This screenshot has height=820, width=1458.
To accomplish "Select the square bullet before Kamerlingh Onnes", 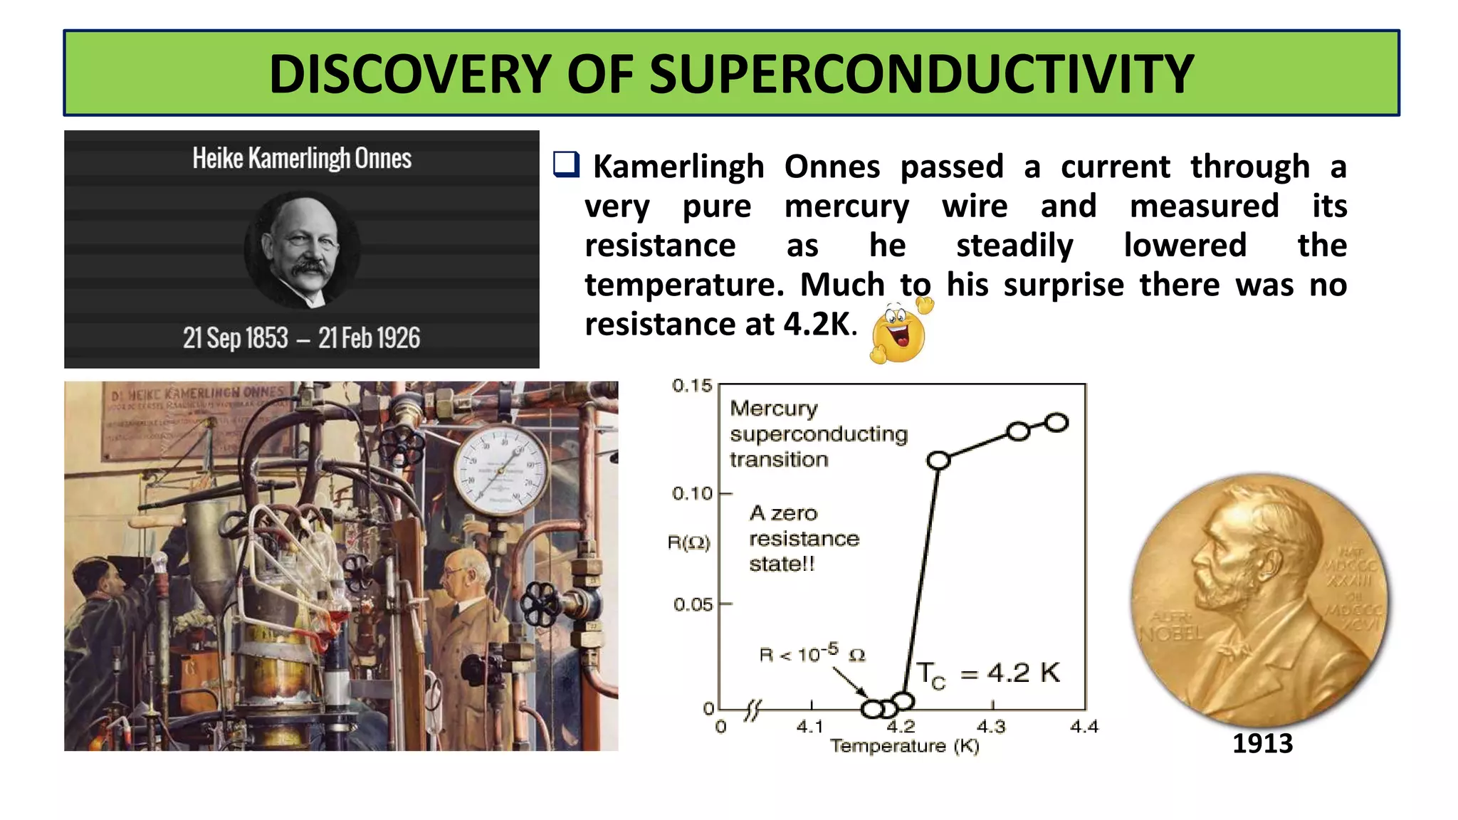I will (567, 164).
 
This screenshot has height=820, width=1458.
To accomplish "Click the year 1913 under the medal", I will (1262, 743).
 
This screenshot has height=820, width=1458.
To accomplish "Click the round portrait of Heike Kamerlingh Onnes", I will (302, 250).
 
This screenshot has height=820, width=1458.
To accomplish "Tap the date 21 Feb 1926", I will (369, 338).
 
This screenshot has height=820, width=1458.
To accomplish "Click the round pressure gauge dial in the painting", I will (501, 471).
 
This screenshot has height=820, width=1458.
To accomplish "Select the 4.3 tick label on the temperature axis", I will (990, 727).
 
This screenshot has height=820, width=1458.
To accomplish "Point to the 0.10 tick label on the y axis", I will (691, 493).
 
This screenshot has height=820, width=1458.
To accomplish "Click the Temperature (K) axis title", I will (904, 746).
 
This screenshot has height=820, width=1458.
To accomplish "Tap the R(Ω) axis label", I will (688, 543).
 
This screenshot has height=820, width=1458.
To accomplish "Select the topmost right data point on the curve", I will (1057, 423).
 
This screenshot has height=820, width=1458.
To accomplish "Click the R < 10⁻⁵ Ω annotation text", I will (812, 653).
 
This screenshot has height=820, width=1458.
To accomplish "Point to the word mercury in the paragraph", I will (846, 206).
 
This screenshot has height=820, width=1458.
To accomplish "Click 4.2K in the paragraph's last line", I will (817, 325).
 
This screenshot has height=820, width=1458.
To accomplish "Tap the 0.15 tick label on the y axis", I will (691, 386).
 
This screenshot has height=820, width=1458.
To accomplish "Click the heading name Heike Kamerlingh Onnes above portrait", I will (302, 158).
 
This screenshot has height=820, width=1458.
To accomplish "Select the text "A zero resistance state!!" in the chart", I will (804, 538).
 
